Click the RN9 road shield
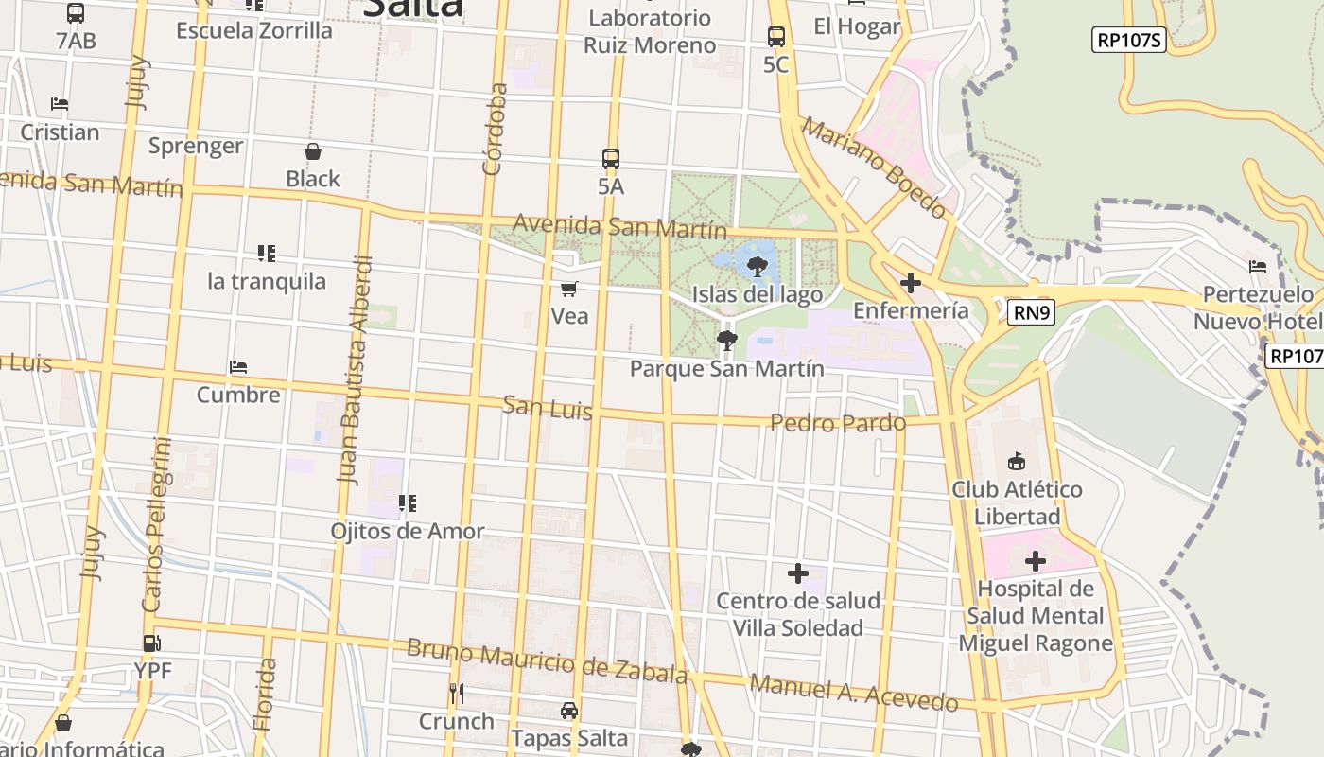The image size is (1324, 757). click(x=1030, y=312)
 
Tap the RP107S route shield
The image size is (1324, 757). click(x=1128, y=40)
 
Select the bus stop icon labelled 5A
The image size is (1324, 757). click(x=611, y=158)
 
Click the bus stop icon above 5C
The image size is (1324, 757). click(x=776, y=37)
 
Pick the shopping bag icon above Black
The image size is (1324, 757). click(x=313, y=151)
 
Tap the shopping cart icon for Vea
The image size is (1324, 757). click(x=569, y=289)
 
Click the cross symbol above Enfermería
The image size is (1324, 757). click(x=911, y=282)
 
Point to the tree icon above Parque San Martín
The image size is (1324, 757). click(x=726, y=340)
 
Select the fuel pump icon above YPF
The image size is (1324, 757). click(x=151, y=643)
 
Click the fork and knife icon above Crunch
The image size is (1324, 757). click(x=456, y=694)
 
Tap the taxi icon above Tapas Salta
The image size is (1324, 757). click(x=569, y=710)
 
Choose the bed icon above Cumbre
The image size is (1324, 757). click(x=238, y=367)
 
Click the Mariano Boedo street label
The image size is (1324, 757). click(x=875, y=167)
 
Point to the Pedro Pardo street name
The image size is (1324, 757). click(x=838, y=422)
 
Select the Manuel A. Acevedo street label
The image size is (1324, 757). click(x=854, y=693)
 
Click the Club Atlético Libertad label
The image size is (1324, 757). click(x=1017, y=503)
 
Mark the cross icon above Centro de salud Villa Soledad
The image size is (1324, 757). click(x=798, y=573)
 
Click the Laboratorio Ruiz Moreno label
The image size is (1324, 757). click(x=649, y=31)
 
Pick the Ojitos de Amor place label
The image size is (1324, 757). click(x=408, y=531)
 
